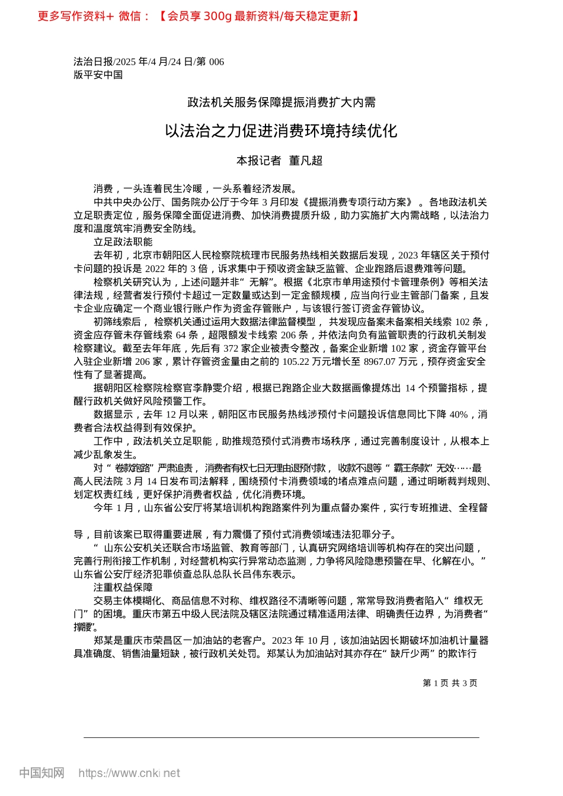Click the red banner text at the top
(199, 16)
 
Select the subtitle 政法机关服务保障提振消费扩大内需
(281, 102)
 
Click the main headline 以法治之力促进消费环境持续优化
(281, 131)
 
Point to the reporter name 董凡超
(305, 161)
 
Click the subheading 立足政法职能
(123, 242)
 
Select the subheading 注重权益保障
(123, 587)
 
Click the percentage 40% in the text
(459, 415)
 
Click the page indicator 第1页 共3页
(450, 683)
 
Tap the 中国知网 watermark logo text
(42, 773)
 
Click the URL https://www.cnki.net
(129, 773)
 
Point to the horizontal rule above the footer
(281, 737)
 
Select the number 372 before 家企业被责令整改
(231, 348)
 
